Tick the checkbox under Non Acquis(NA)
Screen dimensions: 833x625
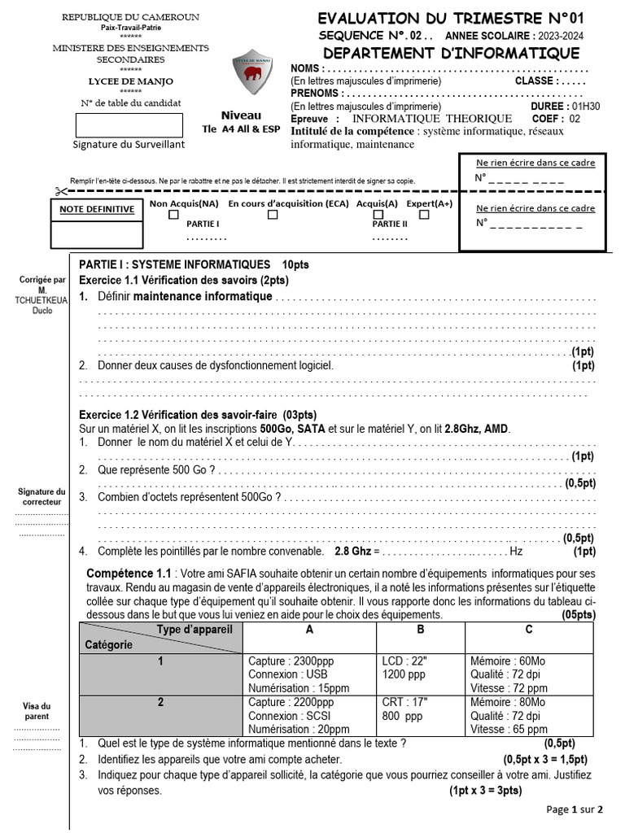tap(173, 216)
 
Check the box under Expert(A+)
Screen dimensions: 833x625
tap(424, 216)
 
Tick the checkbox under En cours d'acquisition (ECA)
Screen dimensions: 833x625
tap(273, 216)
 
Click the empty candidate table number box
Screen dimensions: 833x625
tap(129, 125)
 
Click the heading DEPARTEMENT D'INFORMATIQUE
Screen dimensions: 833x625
tap(449, 54)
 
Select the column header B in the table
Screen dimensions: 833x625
tap(421, 630)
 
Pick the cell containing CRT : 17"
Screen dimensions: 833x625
tap(404, 702)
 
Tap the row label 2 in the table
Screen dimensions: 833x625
tap(160, 702)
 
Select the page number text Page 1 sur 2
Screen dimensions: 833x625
tap(575, 809)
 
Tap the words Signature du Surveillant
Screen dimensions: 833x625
tap(129, 144)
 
